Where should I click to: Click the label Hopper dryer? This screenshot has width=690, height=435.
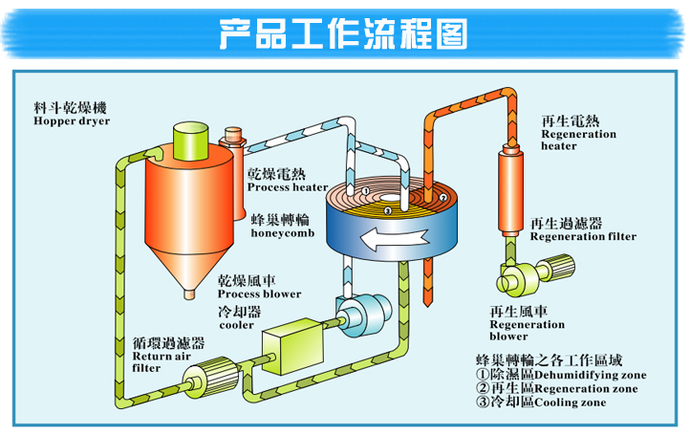[71, 121]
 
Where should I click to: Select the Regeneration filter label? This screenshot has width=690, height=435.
[583, 236]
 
